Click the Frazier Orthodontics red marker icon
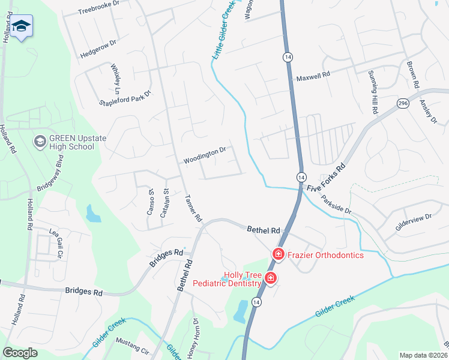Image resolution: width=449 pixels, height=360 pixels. pyautogui.click(x=279, y=255)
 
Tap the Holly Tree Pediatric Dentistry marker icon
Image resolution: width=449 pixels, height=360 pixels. pyautogui.click(x=271, y=278)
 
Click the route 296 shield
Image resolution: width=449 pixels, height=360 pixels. pyautogui.click(x=403, y=104)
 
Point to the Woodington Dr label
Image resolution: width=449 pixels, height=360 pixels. pyautogui.click(x=204, y=157)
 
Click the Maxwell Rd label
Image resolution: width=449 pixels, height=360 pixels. pyautogui.click(x=313, y=77)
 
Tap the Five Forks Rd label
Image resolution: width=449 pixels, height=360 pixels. pyautogui.click(x=327, y=178)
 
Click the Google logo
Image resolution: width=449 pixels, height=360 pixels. pyautogui.click(x=20, y=353)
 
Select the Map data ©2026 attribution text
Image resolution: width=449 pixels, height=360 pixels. pyautogui.click(x=423, y=355)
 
